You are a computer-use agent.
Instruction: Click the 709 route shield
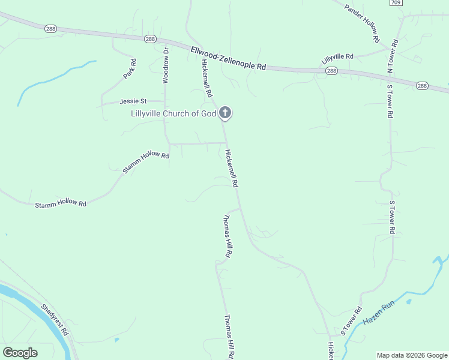(x=395, y=3)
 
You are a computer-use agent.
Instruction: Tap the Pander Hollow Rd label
(x=363, y=23)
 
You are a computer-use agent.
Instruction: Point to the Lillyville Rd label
(x=337, y=58)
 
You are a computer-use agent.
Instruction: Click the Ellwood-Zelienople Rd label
(x=228, y=59)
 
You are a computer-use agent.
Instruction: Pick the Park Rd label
(x=129, y=69)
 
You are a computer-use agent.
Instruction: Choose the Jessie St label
(x=133, y=101)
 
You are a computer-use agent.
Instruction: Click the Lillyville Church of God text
(x=173, y=113)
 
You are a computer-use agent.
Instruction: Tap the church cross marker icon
(x=224, y=112)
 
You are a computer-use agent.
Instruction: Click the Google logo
(x=20, y=353)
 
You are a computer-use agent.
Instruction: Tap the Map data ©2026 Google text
(x=412, y=355)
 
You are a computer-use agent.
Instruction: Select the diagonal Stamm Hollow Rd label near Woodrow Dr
(x=145, y=162)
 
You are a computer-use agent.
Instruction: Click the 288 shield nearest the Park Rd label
(x=150, y=39)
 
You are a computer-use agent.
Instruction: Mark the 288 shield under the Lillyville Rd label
(x=331, y=71)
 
